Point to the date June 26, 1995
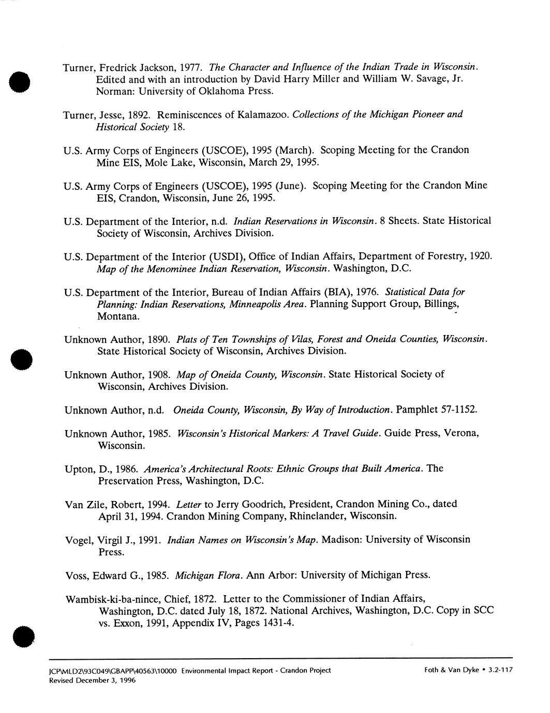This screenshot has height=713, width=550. [x=243, y=198]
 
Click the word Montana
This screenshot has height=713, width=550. [x=118, y=316]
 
